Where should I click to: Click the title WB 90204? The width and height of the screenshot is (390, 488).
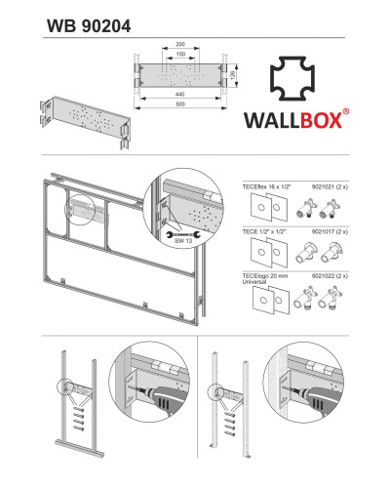pos(89,26)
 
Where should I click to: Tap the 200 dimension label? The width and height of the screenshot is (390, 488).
pos(180,44)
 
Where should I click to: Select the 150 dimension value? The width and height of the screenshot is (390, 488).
pos(180,54)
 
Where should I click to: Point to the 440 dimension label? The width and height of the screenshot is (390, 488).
pos(179,95)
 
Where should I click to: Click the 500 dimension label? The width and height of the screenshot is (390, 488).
pos(179,104)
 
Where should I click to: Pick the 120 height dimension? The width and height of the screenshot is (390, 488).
pos(232,76)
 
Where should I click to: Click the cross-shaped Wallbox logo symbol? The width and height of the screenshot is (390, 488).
pos(292,78)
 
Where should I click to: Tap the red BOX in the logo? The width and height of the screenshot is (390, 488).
pos(320,120)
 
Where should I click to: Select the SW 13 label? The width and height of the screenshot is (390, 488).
pos(183,241)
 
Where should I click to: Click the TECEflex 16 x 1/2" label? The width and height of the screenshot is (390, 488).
pos(266,186)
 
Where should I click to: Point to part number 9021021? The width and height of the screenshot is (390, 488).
pos(323,186)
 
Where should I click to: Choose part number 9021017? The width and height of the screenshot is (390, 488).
pos(323,231)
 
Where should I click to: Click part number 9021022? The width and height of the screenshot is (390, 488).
pos(323,276)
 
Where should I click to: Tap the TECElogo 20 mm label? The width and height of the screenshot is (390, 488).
pos(265,276)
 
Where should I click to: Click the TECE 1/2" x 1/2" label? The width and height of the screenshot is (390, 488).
pos(264,231)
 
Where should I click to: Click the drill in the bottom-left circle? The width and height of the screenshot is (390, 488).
pos(163,399)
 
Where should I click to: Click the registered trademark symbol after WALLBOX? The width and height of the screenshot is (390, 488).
pos(346,111)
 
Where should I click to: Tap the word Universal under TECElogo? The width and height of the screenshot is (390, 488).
pos(254,282)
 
